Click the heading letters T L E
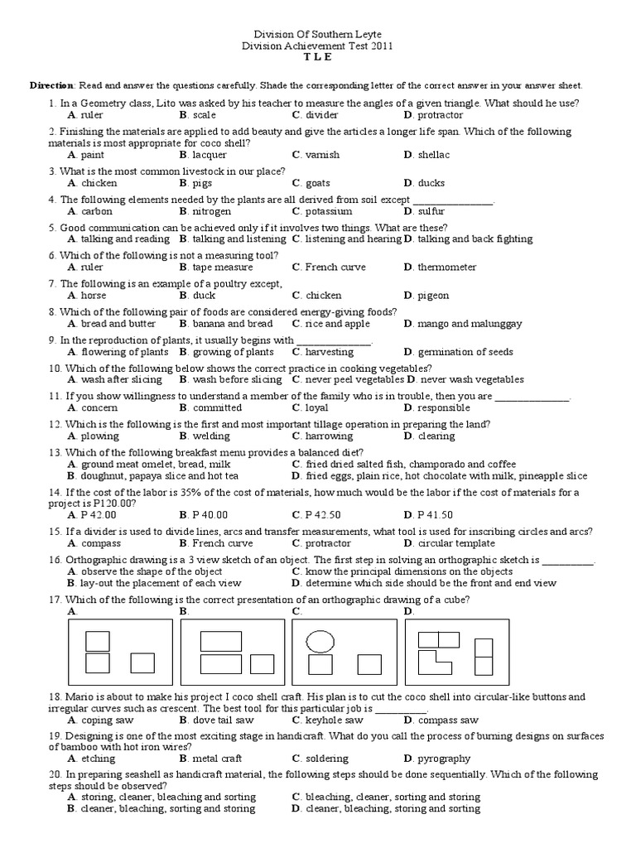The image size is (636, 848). pyautogui.click(x=319, y=58)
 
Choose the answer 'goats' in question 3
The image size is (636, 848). pyautogui.click(x=317, y=183)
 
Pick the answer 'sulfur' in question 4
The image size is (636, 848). pyautogui.click(x=431, y=211)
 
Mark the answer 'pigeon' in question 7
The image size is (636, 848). pyautogui.click(x=433, y=296)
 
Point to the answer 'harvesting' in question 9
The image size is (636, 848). pyautogui.click(x=329, y=352)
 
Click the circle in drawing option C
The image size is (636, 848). pyautogui.click(x=320, y=640)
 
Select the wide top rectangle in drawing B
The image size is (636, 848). pyautogui.click(x=220, y=641)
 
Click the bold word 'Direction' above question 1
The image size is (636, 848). pyautogui.click(x=52, y=86)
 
